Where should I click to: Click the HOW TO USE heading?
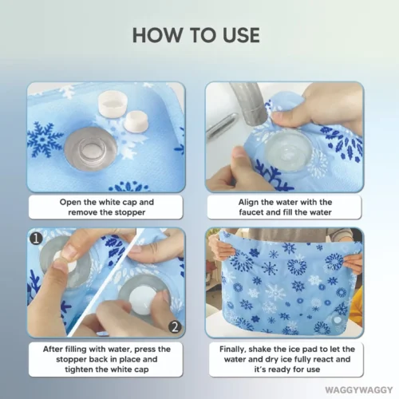[x=196, y=35]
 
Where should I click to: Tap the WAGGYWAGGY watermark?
[x=359, y=390]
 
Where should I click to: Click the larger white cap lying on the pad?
[x=111, y=104]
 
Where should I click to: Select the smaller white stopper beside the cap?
[x=136, y=121]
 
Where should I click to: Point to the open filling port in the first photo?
[x=91, y=148]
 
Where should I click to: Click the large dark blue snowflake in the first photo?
[x=45, y=140]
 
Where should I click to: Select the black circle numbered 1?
[x=36, y=239]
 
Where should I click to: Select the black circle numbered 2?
[x=175, y=327]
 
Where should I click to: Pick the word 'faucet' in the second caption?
[x=252, y=212]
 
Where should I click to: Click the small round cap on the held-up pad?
[x=338, y=320]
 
